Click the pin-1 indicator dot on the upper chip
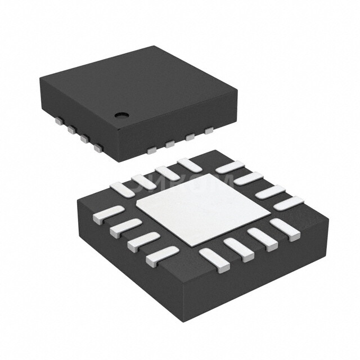120,115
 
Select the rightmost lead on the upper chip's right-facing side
209,130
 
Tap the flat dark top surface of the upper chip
135,84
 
